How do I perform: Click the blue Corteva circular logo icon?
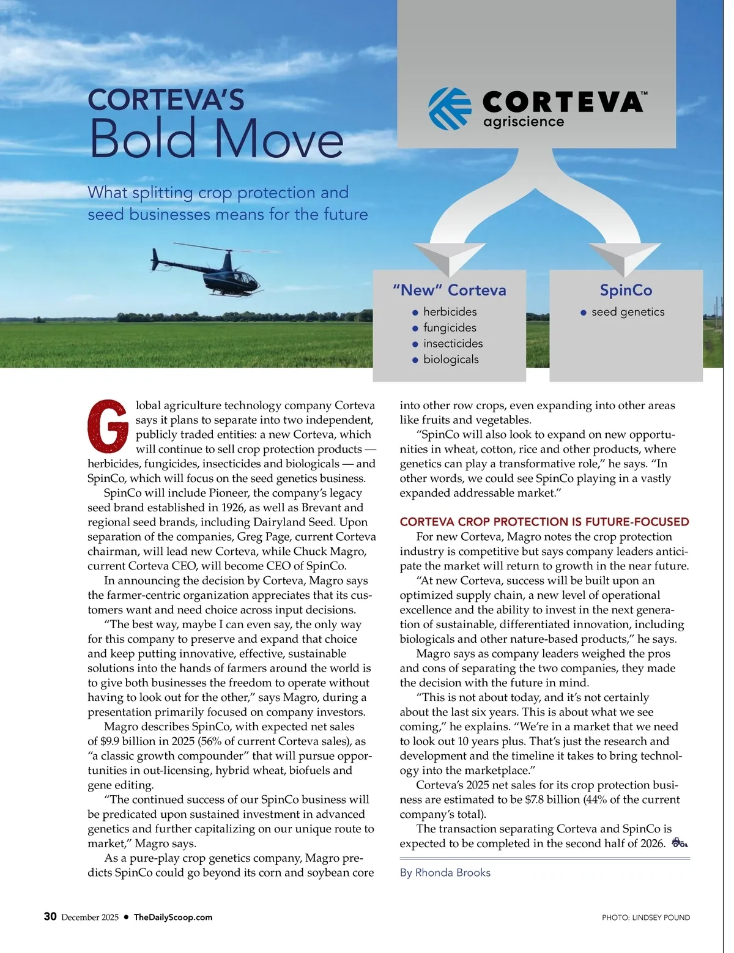[x=450, y=109]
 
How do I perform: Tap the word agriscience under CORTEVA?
[x=524, y=122]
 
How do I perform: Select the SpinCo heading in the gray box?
[x=626, y=290]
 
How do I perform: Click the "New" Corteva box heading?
[x=450, y=290]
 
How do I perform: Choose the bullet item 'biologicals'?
[x=451, y=360]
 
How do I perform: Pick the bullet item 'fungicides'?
[x=450, y=328]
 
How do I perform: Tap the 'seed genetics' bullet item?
[x=628, y=312]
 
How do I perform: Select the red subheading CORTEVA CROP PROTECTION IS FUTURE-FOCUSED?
[x=544, y=522]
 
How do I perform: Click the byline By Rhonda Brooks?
[x=445, y=872]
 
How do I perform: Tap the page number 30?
[x=50, y=916]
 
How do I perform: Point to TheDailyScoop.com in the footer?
[x=173, y=917]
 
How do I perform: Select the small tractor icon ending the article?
[x=680, y=843]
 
